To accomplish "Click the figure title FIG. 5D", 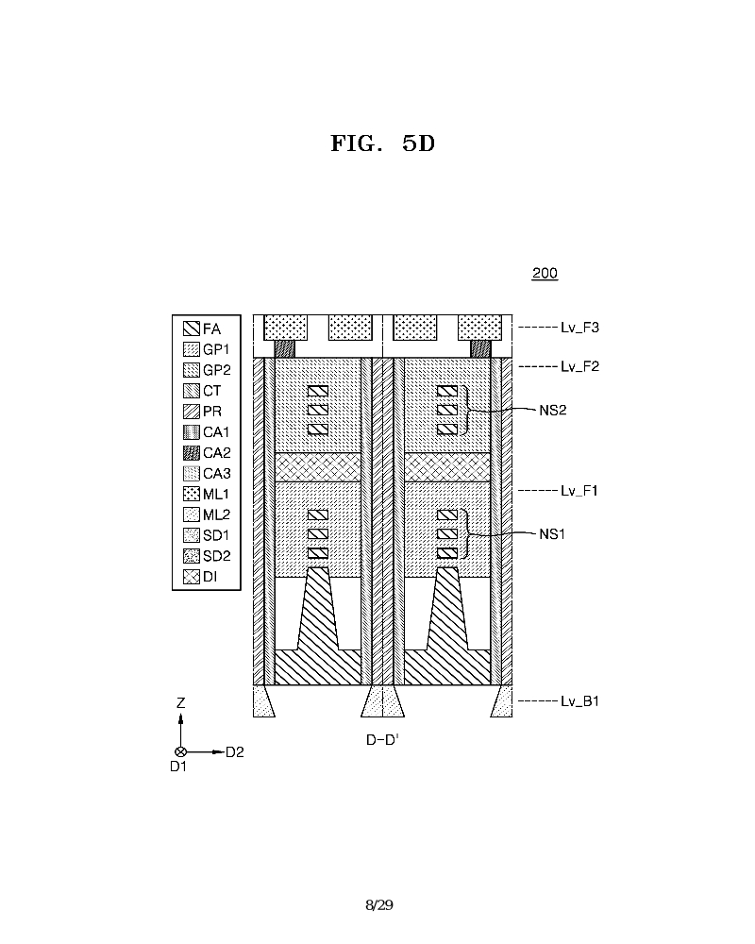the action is point(383,143).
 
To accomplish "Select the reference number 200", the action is point(545,274).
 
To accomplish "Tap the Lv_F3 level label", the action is point(579,328).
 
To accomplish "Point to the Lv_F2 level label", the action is point(579,366).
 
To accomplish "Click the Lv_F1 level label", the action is point(579,491).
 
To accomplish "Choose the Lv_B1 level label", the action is point(579,700).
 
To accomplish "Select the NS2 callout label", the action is point(553,411).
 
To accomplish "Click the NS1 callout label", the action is point(552,534).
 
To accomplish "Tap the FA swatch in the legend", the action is point(192,329).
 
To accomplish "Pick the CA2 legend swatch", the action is point(192,453).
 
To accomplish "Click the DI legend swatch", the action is point(192,577).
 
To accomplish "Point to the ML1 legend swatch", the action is point(192,495).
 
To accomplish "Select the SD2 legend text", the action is point(217,556).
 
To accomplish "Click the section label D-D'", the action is point(382,740).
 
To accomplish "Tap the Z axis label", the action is point(180,702).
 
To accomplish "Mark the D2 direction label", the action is point(235,752).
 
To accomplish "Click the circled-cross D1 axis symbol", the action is point(180,752).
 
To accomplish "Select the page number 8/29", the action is point(379,905).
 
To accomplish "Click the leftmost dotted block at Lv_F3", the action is point(285,328).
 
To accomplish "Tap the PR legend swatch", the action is point(192,412).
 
